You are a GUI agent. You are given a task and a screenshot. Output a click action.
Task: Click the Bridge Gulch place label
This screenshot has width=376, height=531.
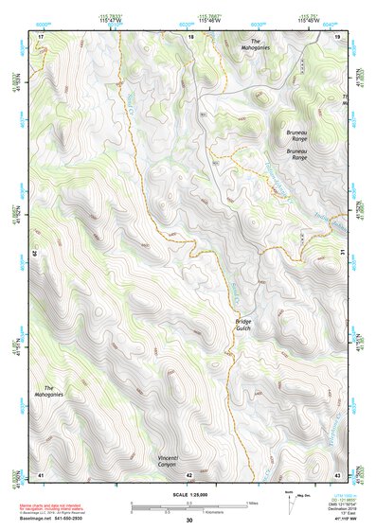click(x=243, y=327)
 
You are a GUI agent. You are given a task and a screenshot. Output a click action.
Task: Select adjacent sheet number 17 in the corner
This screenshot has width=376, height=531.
click(x=41, y=36)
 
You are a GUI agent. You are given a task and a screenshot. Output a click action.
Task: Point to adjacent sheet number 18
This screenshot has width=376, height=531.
click(x=190, y=36)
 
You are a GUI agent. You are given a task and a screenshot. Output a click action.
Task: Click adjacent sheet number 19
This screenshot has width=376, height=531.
click(x=337, y=36)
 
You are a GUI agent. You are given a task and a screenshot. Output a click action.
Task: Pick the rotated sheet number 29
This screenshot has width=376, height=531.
click(x=37, y=254)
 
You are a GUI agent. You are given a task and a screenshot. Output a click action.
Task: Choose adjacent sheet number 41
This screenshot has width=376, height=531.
click(x=41, y=473)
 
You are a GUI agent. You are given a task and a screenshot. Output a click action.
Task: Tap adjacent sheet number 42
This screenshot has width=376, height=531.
click(x=189, y=473)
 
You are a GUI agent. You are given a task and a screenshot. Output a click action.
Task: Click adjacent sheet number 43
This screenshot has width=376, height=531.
click(x=337, y=473)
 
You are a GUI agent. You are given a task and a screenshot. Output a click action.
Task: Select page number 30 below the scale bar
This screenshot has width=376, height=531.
click(x=188, y=521)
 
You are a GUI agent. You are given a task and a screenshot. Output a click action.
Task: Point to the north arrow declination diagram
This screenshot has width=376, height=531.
click(x=288, y=501)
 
